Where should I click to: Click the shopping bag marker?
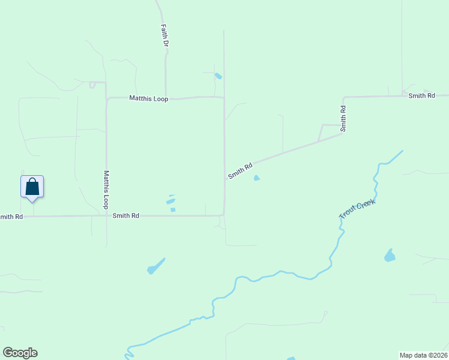(32, 187)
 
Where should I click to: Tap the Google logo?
(20, 353)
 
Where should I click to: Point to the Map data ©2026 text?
(423, 355)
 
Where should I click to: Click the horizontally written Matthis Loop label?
(149, 98)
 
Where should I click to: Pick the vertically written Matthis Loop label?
(106, 190)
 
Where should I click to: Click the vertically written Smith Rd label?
(343, 119)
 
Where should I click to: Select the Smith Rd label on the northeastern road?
(421, 96)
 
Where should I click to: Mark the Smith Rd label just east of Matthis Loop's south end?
(126, 215)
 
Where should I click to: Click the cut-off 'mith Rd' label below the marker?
(11, 217)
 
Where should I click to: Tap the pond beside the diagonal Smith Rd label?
(257, 178)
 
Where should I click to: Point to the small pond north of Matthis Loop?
(218, 76)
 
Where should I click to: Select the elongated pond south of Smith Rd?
(155, 266)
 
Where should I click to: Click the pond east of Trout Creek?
(390, 256)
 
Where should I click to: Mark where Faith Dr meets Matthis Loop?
(166, 98)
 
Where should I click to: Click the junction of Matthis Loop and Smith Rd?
(106, 215)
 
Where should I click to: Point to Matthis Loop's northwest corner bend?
(107, 99)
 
